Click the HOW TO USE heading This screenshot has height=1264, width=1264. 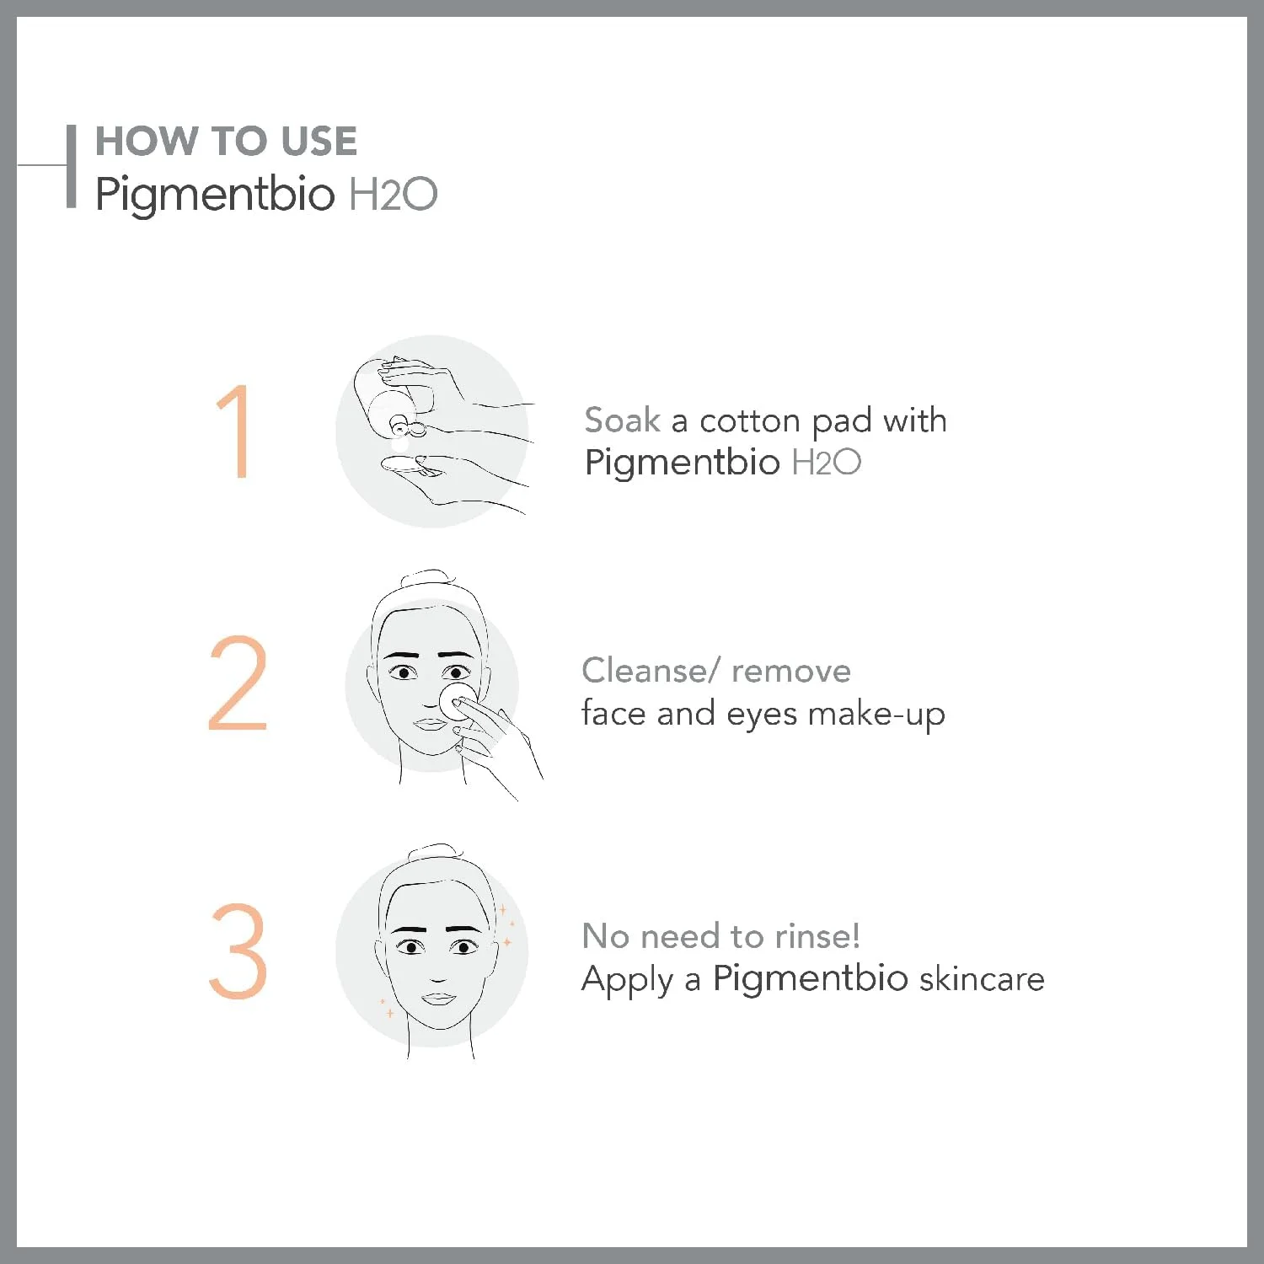226,141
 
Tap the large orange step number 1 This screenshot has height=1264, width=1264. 234,431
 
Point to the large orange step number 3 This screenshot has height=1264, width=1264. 238,951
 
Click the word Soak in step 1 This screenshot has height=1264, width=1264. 623,420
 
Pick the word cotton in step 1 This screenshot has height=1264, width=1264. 749,420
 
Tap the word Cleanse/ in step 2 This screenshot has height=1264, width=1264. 651,671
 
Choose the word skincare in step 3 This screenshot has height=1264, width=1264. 982,978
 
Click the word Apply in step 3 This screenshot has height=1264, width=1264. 628,980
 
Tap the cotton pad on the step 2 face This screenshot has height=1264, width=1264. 458,701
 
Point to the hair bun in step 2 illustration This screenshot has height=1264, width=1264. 429,579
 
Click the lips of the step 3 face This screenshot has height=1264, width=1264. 438,999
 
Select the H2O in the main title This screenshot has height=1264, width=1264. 393,194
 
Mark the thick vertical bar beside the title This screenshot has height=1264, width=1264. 72,166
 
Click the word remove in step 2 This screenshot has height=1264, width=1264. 791,672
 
